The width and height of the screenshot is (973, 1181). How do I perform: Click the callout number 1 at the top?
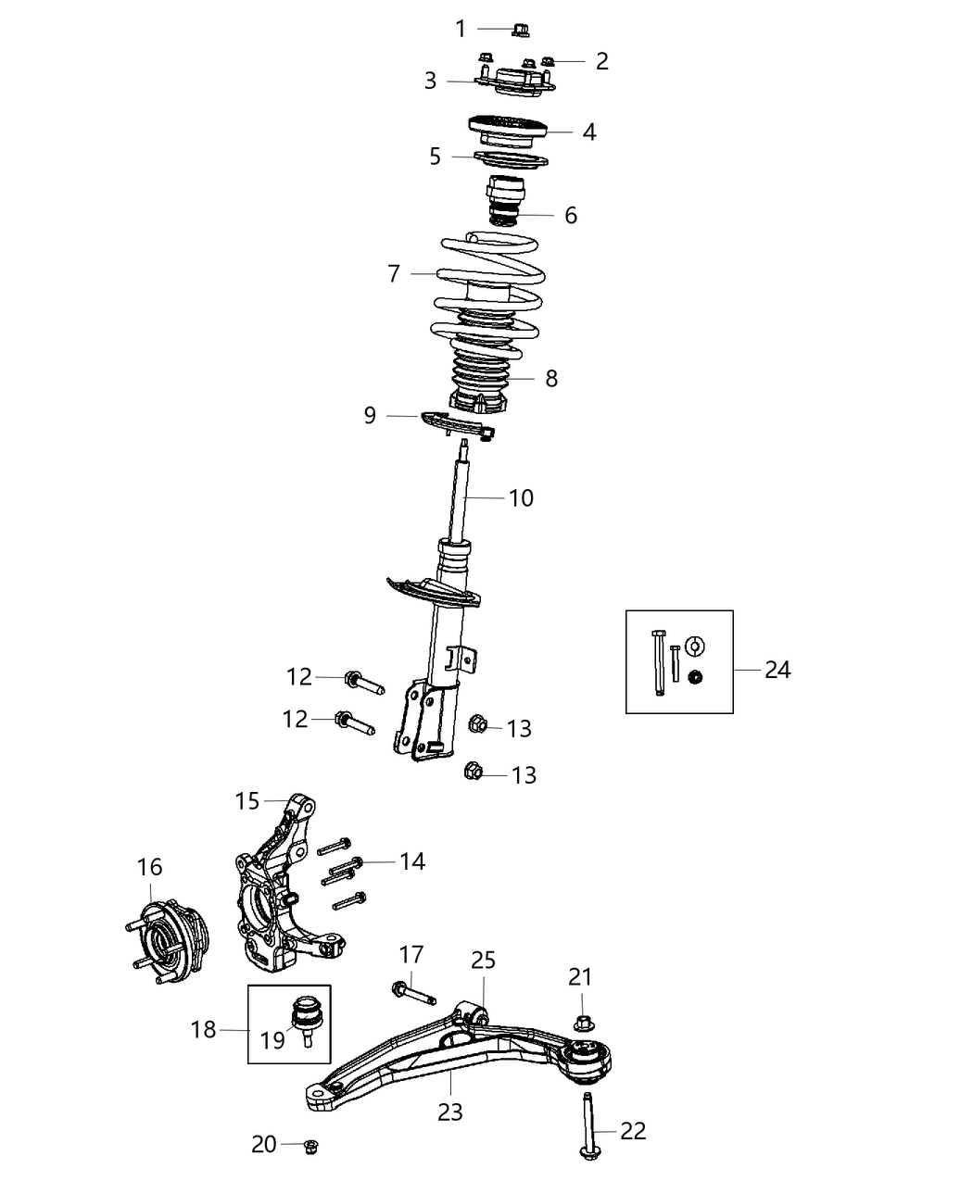point(461,29)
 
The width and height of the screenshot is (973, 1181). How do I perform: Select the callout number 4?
point(589,132)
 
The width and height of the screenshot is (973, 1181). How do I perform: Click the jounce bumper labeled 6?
point(504,198)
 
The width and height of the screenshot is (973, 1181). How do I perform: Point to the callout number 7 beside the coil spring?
point(394,273)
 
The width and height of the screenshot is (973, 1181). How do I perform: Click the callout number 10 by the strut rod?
point(522,497)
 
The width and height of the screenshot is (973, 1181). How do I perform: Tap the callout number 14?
point(412,861)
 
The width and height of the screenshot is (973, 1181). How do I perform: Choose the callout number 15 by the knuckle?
point(247,800)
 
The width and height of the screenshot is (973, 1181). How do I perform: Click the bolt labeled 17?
point(413,992)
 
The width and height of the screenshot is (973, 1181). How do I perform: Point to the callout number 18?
point(203,1029)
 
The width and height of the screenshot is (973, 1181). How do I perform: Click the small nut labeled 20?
point(311,1145)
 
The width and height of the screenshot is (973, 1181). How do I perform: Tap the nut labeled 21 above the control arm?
point(583,1024)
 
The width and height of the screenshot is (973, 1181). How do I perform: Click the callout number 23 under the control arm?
point(450,1112)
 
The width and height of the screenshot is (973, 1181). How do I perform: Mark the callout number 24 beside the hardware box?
point(777,669)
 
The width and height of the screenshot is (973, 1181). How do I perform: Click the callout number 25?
point(483,960)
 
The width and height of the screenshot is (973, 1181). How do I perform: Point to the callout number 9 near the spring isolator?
point(370,415)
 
